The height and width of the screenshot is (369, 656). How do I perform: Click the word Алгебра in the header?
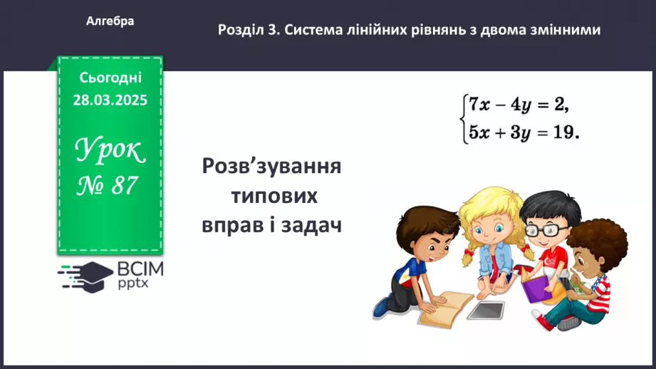(110, 21)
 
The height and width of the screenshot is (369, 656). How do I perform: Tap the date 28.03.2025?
(110, 100)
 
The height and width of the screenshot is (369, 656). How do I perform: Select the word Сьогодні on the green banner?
(110, 77)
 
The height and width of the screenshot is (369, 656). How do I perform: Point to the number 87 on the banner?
(123, 186)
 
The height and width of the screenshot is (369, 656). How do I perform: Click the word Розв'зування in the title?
(271, 167)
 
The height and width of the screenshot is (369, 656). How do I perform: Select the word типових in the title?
(271, 196)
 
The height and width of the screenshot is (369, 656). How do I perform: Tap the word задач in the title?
(311, 225)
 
